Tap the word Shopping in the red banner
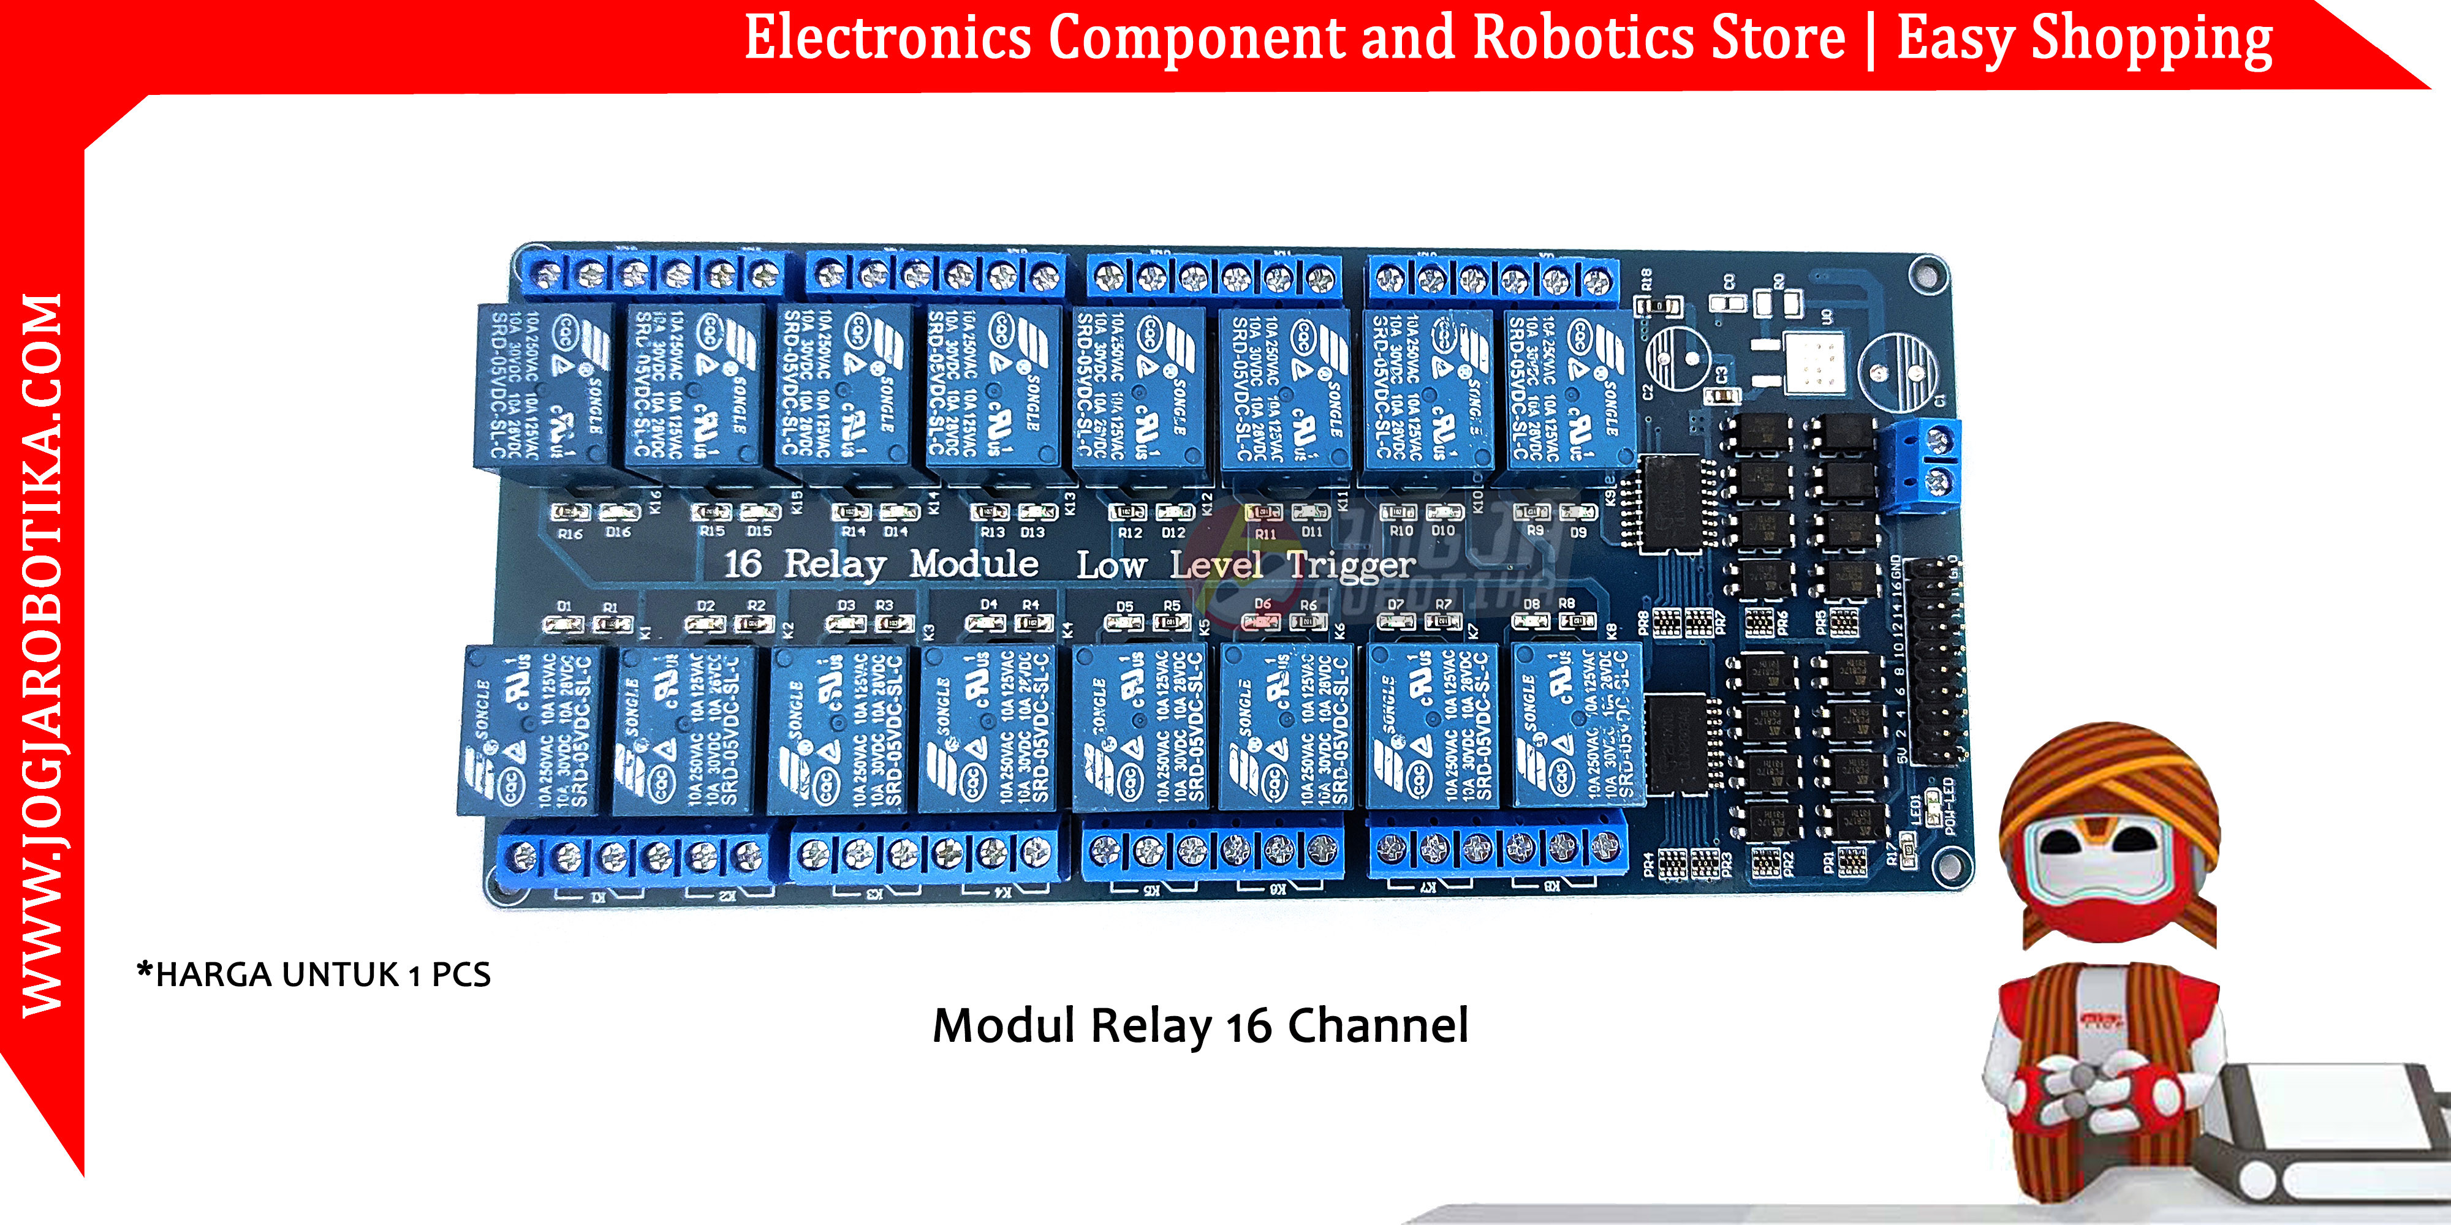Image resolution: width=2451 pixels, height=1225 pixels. tap(2152, 40)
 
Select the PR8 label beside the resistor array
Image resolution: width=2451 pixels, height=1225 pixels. tap(1643, 623)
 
